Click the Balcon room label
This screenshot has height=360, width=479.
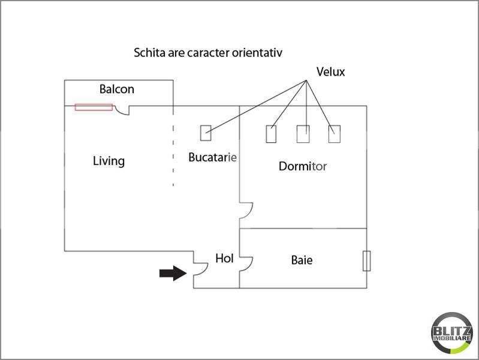(x=117, y=89)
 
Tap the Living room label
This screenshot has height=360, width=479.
(x=109, y=161)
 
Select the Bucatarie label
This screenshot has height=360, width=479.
(x=213, y=157)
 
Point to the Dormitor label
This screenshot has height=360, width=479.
(x=303, y=166)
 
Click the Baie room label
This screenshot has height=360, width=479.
(x=302, y=260)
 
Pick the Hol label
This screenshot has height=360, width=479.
(x=225, y=259)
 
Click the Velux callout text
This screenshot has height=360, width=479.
(x=330, y=72)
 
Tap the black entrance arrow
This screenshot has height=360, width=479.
(x=173, y=273)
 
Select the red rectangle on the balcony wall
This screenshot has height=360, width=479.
(x=94, y=107)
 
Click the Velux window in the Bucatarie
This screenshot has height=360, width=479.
(x=206, y=133)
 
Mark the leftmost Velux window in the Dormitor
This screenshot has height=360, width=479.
(x=271, y=134)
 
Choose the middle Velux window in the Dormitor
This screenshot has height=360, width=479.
(x=303, y=134)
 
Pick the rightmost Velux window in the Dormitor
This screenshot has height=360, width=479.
(x=334, y=134)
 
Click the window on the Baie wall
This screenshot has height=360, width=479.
(x=366, y=261)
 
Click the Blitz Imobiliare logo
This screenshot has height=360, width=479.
(x=452, y=333)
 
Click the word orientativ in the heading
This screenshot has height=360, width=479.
(x=257, y=53)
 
